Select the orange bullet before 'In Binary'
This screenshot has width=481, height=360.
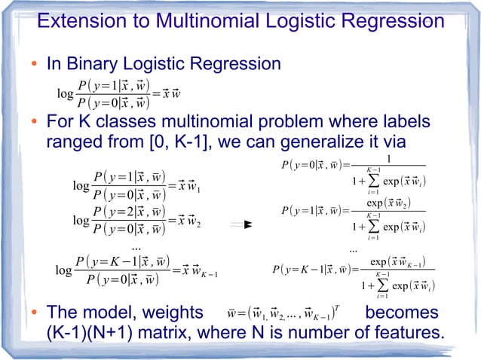[x=35, y=64]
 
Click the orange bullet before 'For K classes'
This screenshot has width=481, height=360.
[x=35, y=123]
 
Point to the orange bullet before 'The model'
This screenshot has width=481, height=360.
[x=35, y=313]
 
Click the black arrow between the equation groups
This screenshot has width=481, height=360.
[x=240, y=224]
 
